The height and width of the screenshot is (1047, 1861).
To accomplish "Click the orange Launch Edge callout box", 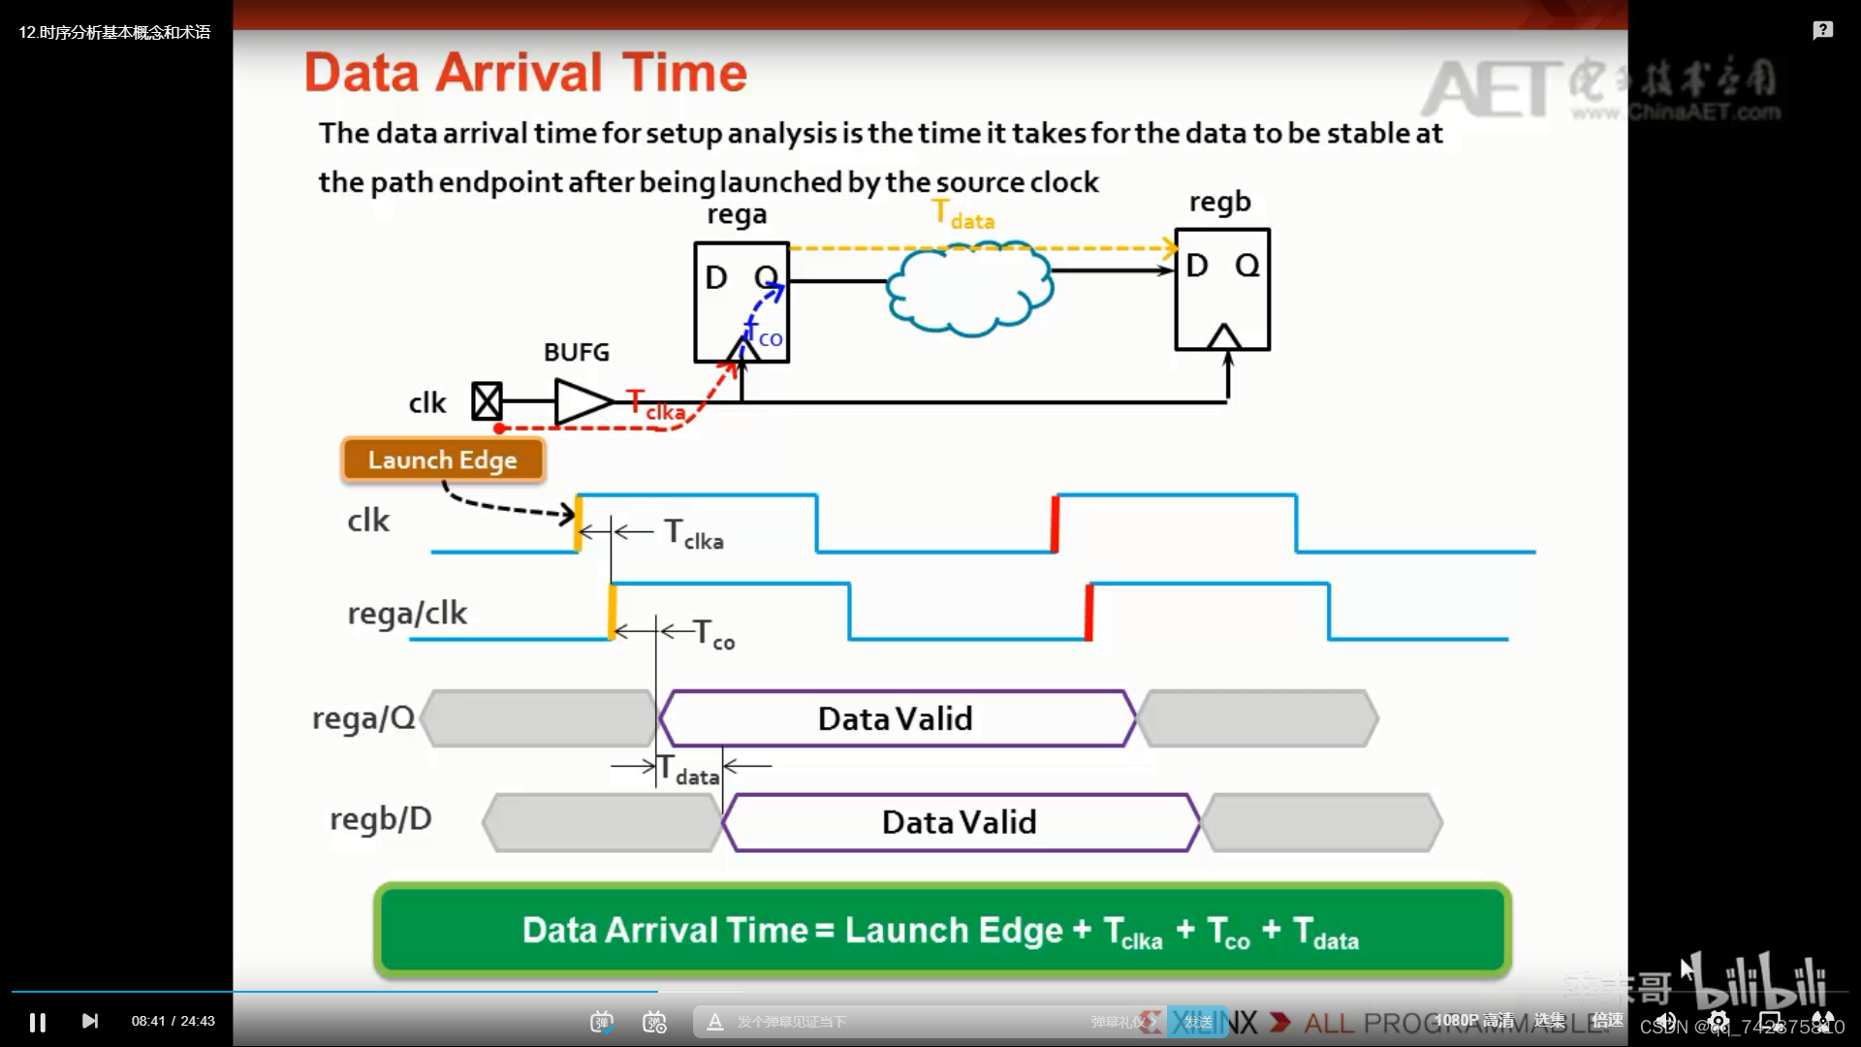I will click(x=443, y=460).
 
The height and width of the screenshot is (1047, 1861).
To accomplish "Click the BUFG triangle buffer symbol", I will click(x=582, y=400).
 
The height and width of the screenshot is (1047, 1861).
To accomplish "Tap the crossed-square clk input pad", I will click(x=487, y=400).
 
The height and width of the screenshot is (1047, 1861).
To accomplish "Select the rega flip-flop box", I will click(x=741, y=302).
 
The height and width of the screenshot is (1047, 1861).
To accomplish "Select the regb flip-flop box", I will click(x=1221, y=289).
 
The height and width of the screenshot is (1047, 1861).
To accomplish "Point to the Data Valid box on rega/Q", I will click(x=896, y=718).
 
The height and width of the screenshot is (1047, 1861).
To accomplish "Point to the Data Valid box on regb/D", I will click(x=960, y=822).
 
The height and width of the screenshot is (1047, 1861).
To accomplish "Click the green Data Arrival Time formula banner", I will click(x=941, y=930).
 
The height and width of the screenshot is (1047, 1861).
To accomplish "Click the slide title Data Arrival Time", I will click(x=525, y=73).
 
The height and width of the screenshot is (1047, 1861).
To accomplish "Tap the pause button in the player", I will click(x=38, y=1022).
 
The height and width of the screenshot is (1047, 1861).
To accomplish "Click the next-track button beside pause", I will click(x=90, y=1021).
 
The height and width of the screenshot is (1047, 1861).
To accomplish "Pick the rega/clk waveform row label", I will click(x=407, y=613).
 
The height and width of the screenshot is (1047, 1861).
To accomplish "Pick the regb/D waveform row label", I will click(x=381, y=819).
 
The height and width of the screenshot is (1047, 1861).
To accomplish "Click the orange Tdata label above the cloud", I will click(x=962, y=214).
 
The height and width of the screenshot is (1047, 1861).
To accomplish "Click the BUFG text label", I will click(x=577, y=352).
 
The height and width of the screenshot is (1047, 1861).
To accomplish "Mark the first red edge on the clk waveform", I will click(x=1056, y=523).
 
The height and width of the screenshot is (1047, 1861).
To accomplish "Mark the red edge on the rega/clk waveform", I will click(x=1089, y=612).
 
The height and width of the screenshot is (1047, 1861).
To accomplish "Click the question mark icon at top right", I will click(x=1822, y=30).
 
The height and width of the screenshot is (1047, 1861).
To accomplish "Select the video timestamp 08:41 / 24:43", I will click(x=173, y=1021).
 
